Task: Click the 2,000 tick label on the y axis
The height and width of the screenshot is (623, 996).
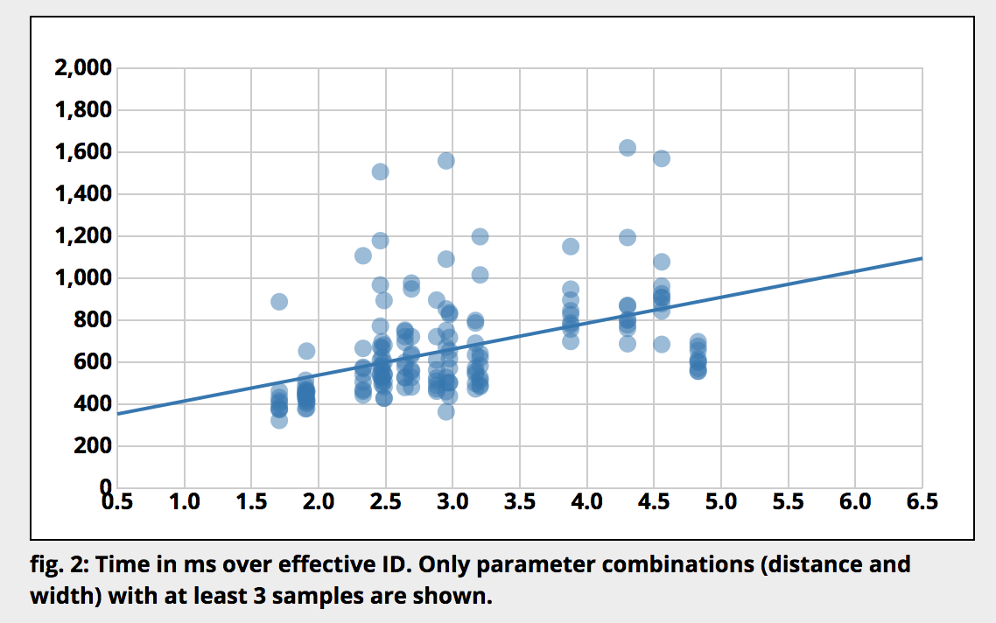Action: (x=83, y=68)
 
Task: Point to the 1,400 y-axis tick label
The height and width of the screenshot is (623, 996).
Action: (x=83, y=194)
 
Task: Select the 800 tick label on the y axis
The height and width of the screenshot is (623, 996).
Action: (x=94, y=320)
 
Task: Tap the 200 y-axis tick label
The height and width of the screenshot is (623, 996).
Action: (x=94, y=446)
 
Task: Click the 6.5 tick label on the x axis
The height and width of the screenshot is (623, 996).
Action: (x=922, y=501)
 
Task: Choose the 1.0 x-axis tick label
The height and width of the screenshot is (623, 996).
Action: (x=185, y=501)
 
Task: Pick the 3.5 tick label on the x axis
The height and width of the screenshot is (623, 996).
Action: (x=520, y=501)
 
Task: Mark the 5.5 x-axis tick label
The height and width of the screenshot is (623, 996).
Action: (x=789, y=501)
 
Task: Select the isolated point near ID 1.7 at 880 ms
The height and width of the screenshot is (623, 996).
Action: (x=279, y=302)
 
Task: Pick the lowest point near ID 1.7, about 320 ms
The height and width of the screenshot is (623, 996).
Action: (x=279, y=420)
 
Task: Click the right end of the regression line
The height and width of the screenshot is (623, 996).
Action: (x=922, y=258)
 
